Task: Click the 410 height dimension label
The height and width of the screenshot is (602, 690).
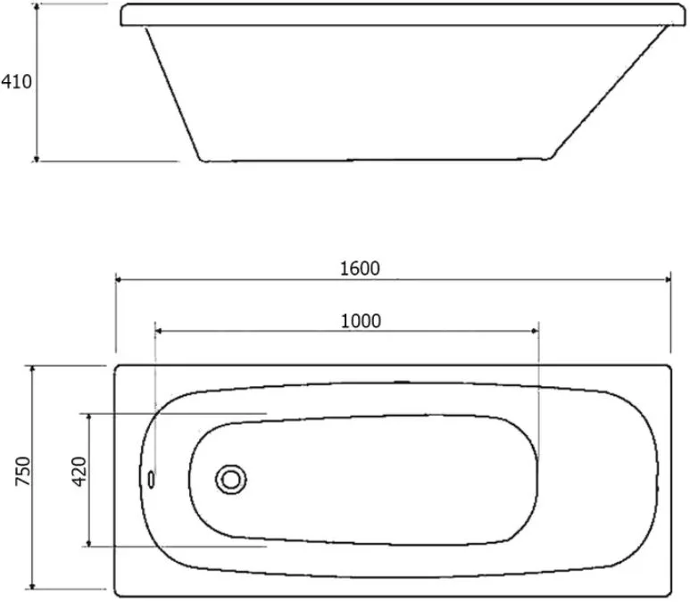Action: pos(16,82)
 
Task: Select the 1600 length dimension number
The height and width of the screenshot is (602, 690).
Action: pos(360,268)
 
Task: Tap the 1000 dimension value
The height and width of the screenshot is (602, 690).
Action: pos(361,321)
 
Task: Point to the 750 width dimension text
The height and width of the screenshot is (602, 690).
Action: pos(23,471)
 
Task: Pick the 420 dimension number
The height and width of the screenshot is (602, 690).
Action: pos(79,472)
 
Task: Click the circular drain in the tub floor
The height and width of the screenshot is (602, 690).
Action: pos(231,479)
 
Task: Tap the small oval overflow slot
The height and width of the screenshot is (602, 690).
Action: pos(151,479)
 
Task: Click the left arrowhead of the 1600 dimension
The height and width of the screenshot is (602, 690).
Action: pos(119,279)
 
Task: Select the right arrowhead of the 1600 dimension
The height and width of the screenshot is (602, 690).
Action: pos(668,279)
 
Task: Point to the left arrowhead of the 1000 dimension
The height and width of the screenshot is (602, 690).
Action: pos(158,331)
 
